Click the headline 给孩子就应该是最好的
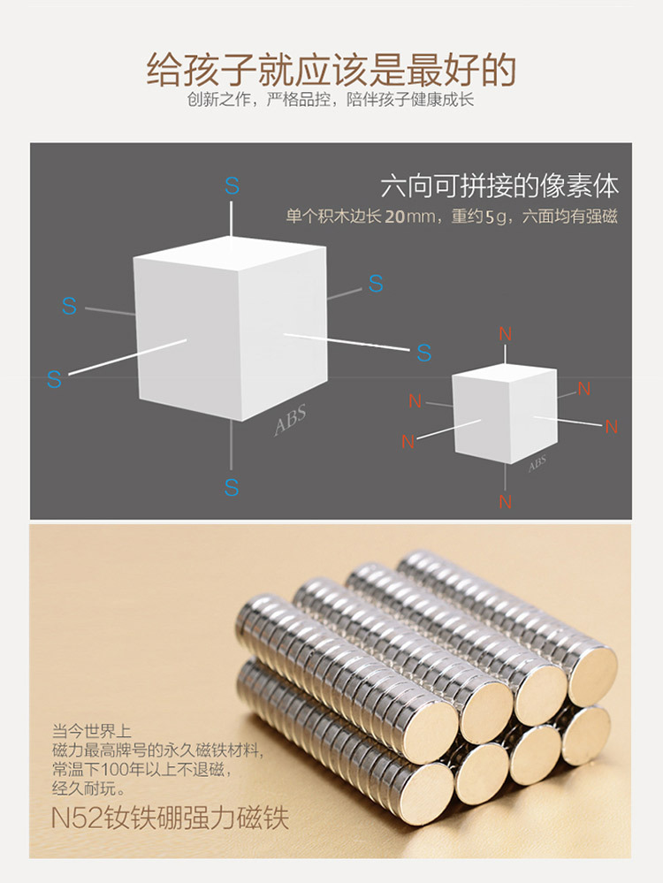331,68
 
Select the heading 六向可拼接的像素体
499,186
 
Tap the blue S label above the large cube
232,186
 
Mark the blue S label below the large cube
232,487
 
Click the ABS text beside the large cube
290,421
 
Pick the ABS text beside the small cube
537,464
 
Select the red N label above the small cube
505,334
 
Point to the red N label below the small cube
505,501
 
